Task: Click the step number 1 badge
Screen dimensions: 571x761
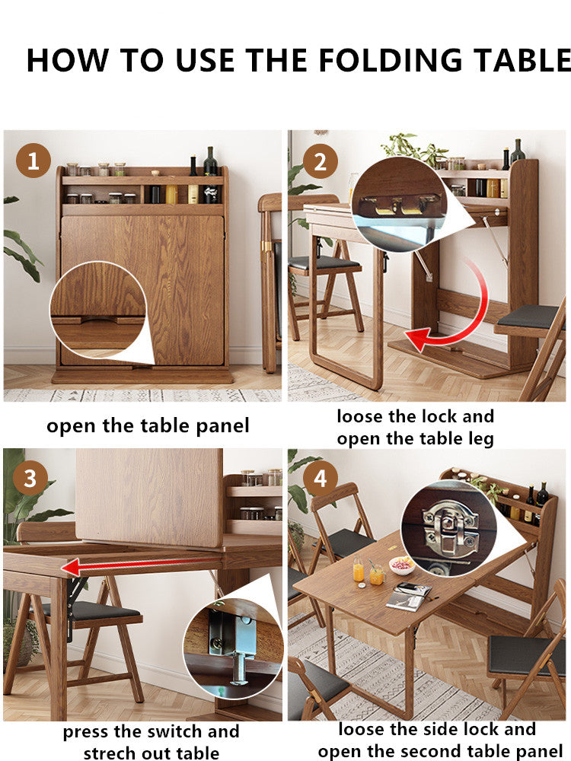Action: (33, 161)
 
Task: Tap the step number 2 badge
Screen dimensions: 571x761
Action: (320, 161)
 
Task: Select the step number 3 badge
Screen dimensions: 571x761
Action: (30, 478)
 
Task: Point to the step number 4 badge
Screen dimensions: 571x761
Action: (321, 479)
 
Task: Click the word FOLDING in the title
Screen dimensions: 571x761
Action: (390, 61)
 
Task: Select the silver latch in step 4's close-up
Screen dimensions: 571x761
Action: (450, 527)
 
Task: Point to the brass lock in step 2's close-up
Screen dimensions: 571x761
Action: (399, 205)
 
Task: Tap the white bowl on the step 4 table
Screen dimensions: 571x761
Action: (402, 565)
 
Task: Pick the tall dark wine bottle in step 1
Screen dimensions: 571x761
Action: (210, 175)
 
